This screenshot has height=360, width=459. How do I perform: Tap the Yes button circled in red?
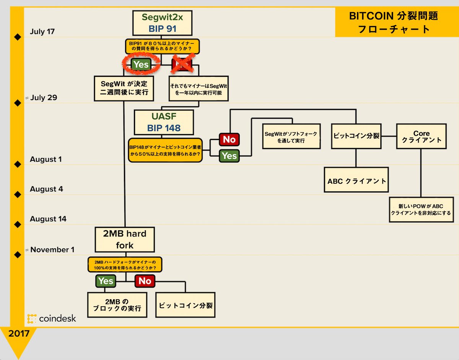click(x=140, y=65)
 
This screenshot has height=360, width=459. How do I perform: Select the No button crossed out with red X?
click(x=182, y=64)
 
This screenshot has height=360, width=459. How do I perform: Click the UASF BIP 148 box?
click(x=164, y=122)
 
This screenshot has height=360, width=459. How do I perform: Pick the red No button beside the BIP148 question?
click(x=229, y=139)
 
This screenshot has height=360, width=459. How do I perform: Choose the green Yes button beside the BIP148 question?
click(x=229, y=156)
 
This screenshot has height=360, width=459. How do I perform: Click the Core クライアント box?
click(x=421, y=136)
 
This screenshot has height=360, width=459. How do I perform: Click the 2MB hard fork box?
click(x=125, y=239)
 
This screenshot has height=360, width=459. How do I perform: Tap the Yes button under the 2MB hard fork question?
click(x=106, y=281)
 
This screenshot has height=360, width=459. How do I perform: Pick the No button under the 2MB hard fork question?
click(x=145, y=281)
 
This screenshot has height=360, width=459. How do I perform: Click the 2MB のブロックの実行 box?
click(x=117, y=305)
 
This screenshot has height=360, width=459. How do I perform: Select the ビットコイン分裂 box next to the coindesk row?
click(x=186, y=305)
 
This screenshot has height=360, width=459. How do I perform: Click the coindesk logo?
click(x=52, y=318)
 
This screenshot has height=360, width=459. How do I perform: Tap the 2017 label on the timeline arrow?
click(x=19, y=333)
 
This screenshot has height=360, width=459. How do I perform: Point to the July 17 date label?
click(x=42, y=31)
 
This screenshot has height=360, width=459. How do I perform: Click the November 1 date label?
click(x=52, y=250)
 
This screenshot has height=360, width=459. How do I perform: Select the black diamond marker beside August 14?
click(x=17, y=224)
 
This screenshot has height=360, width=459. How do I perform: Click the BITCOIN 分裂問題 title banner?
click(x=394, y=22)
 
